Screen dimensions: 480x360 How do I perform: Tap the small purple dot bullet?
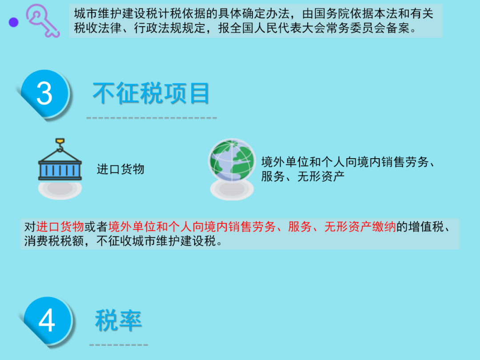(x=13, y=22)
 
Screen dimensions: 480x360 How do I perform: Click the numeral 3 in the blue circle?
(x=44, y=94)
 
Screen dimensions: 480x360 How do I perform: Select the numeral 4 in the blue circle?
(x=47, y=320)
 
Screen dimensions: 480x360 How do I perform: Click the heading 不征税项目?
(x=151, y=93)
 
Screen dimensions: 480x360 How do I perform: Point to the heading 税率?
(x=119, y=320)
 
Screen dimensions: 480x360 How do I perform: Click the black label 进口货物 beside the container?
(x=120, y=169)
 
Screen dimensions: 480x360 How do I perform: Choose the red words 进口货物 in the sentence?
(x=60, y=227)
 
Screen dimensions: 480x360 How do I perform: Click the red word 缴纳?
(x=384, y=227)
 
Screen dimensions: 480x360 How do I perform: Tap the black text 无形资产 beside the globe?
(x=321, y=176)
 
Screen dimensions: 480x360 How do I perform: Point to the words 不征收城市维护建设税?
(x=156, y=241)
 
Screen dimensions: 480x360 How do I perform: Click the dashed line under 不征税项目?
(x=152, y=118)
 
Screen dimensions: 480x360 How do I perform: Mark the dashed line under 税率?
(x=119, y=345)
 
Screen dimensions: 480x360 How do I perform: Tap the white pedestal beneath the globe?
(x=232, y=189)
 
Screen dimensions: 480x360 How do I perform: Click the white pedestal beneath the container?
(x=60, y=189)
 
